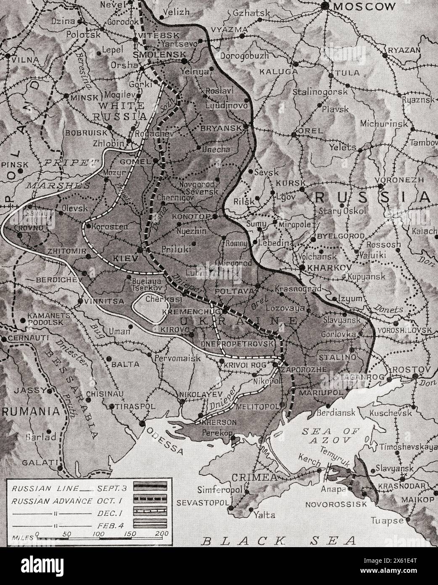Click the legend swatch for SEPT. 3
tap(150, 488)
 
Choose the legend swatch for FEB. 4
tap(150, 524)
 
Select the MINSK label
tap(84, 96)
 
